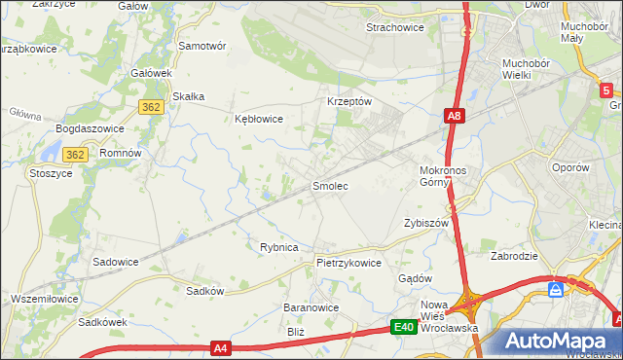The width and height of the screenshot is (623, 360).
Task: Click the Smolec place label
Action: point(329,185)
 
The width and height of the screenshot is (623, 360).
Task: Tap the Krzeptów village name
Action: point(349,101)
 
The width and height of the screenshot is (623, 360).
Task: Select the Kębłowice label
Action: point(259,119)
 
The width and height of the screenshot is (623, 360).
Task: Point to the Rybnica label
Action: point(278,247)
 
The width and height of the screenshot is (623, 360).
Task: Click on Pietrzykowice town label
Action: point(348,263)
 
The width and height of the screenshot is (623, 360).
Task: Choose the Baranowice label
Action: point(311,307)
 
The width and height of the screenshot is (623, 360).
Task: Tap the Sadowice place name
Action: point(115,262)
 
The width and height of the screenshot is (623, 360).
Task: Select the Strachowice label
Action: point(394,27)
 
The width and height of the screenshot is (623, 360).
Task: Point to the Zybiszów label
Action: point(424,223)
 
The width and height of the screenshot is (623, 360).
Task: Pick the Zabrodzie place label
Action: point(515,257)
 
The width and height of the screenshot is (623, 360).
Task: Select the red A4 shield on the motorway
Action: point(222,347)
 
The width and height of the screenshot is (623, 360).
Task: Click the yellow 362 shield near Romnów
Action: point(76,154)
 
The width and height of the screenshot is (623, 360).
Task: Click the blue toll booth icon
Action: point(555,289)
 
